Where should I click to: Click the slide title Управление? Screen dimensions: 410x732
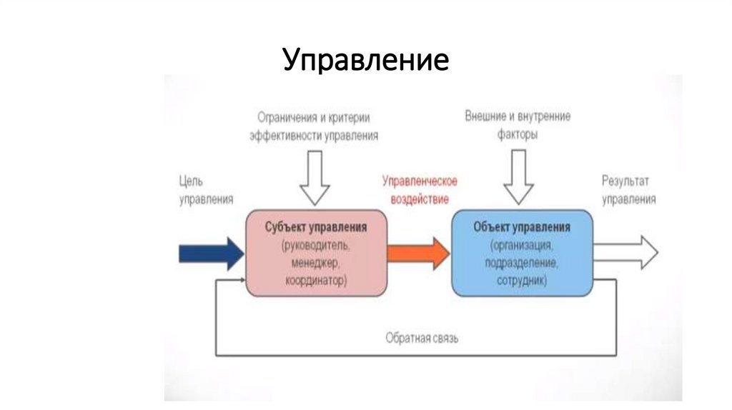click(x=365, y=60)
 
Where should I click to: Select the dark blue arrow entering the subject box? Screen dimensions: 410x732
click(x=211, y=254)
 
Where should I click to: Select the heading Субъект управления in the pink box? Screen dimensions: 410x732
click(x=316, y=227)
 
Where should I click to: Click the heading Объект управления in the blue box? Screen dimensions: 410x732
click(x=522, y=227)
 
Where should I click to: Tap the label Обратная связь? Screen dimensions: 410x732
click(x=422, y=338)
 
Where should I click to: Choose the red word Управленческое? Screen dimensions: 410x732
click(x=420, y=181)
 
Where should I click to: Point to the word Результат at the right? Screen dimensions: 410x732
click(x=625, y=181)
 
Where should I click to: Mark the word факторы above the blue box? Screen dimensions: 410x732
click(x=518, y=134)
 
